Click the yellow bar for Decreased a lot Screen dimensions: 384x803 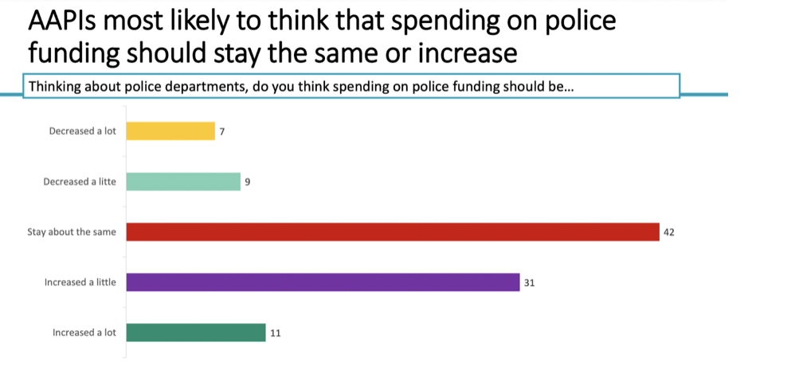point(170,131)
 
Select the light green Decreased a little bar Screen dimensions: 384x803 point(183,182)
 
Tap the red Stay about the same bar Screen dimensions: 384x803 point(393,232)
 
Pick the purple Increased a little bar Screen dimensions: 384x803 point(323,282)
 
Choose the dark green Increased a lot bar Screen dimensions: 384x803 point(196,332)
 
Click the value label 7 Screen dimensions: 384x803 point(222,131)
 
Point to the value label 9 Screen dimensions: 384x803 point(248,182)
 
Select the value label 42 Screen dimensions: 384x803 point(669,233)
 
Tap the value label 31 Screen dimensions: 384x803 point(529,283)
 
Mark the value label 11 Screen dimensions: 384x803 point(275,333)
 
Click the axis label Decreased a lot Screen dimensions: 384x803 point(82,131)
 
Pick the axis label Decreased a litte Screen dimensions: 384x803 point(79,182)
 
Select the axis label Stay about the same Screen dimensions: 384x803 point(72,232)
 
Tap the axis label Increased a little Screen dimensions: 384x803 point(80,282)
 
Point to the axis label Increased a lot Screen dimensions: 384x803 point(84,332)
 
